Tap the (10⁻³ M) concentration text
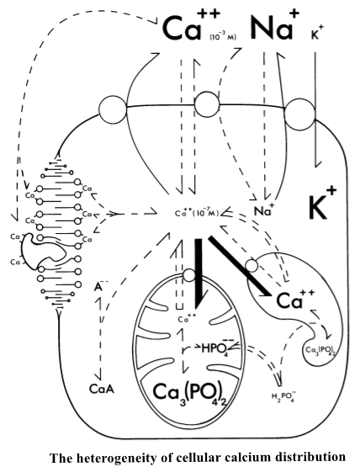pos(223,37)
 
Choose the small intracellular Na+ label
pos(264,210)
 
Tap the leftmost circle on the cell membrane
pos(113,110)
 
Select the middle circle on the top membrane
pos(207,104)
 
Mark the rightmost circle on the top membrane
pos(300,114)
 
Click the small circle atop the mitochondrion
pos(189,275)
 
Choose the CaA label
pos(102,390)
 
